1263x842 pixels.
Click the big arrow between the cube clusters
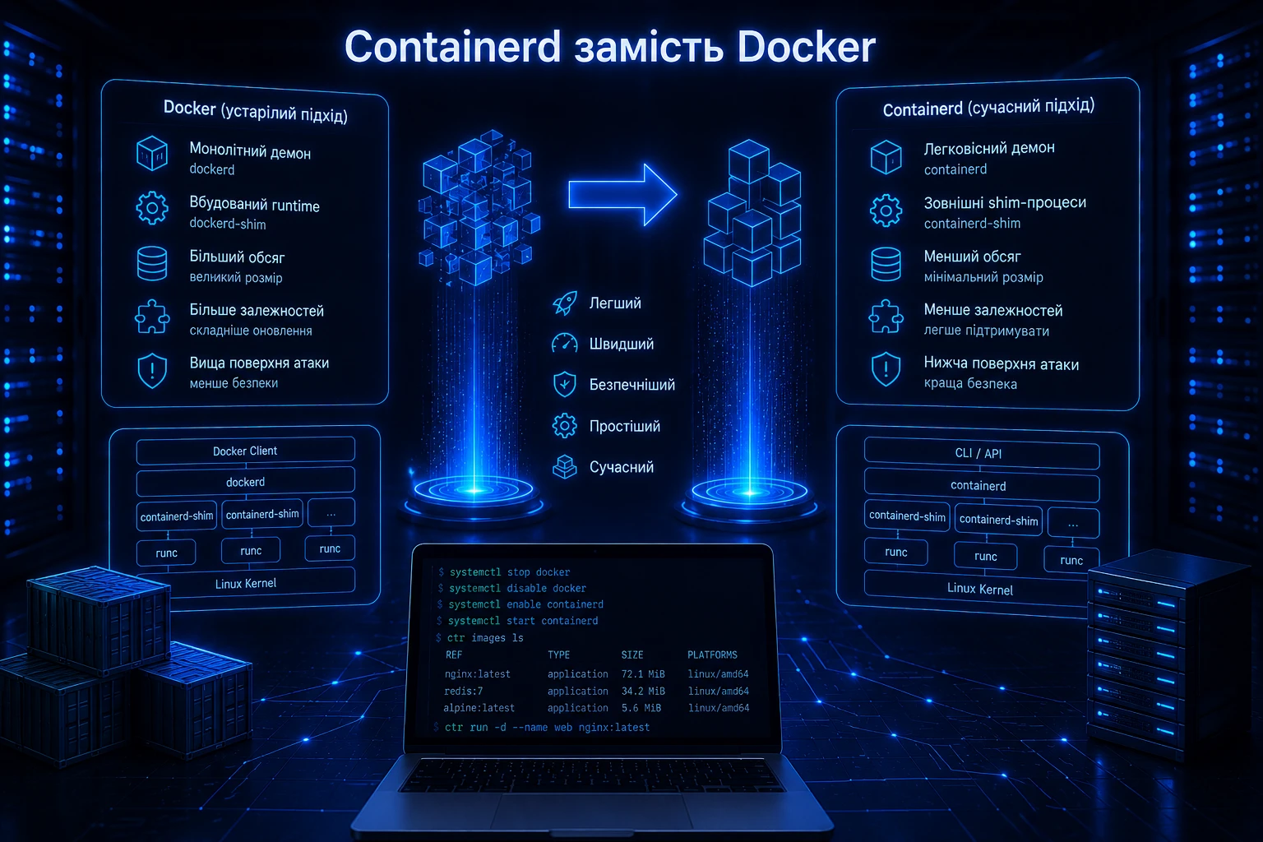622,195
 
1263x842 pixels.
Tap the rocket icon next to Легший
564,303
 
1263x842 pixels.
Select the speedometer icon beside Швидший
564,344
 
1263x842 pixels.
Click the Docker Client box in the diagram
245,451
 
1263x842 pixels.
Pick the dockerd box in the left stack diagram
245,482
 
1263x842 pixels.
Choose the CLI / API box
982,453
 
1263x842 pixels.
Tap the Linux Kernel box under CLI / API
980,588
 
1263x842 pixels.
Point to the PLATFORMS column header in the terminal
712,655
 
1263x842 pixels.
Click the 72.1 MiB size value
643,674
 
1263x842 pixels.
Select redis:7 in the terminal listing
464,691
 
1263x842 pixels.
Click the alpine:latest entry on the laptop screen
479,708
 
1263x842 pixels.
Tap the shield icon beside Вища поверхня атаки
152,371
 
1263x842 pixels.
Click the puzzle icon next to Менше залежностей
886,317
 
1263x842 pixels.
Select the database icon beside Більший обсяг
152,263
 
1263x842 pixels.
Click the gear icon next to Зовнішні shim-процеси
886,210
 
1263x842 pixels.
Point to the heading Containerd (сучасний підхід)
988,107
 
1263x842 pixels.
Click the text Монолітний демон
250,150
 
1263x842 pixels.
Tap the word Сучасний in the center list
622,467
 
